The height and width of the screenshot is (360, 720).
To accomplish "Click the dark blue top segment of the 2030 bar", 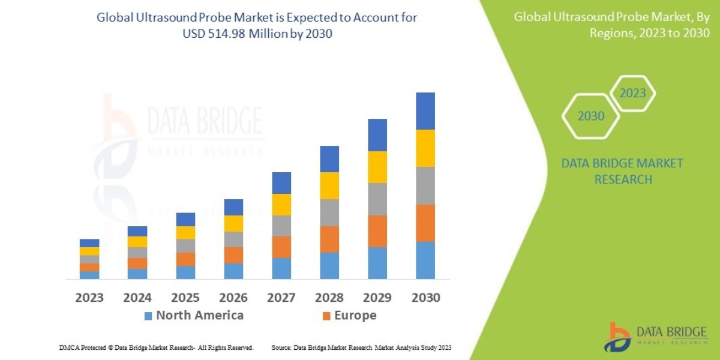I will point(425,111).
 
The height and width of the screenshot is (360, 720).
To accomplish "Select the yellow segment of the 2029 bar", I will point(377,167).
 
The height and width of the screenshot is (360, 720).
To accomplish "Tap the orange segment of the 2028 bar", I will point(329,239).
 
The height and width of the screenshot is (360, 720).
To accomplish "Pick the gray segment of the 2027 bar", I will point(281,226).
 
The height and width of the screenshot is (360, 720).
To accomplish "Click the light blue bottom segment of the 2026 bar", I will point(233,271).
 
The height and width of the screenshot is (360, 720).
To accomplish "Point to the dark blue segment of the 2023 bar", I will point(89,243).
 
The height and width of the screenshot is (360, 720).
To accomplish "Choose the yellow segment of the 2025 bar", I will point(185,233).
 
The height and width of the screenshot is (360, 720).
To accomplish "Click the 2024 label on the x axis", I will point(137,298).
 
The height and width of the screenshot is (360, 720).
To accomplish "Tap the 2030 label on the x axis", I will point(425,298).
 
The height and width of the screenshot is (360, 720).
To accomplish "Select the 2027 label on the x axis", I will point(281,298).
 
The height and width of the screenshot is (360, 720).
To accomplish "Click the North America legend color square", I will point(148,316).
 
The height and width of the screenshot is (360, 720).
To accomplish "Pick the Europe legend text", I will point(355,316).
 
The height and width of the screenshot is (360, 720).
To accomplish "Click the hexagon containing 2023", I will point(632,93).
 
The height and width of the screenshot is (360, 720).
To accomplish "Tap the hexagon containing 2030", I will point(591,116).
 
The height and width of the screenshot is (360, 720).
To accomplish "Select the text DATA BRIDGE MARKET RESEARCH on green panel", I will point(622,171).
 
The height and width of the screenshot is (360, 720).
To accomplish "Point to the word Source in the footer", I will point(282,347).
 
